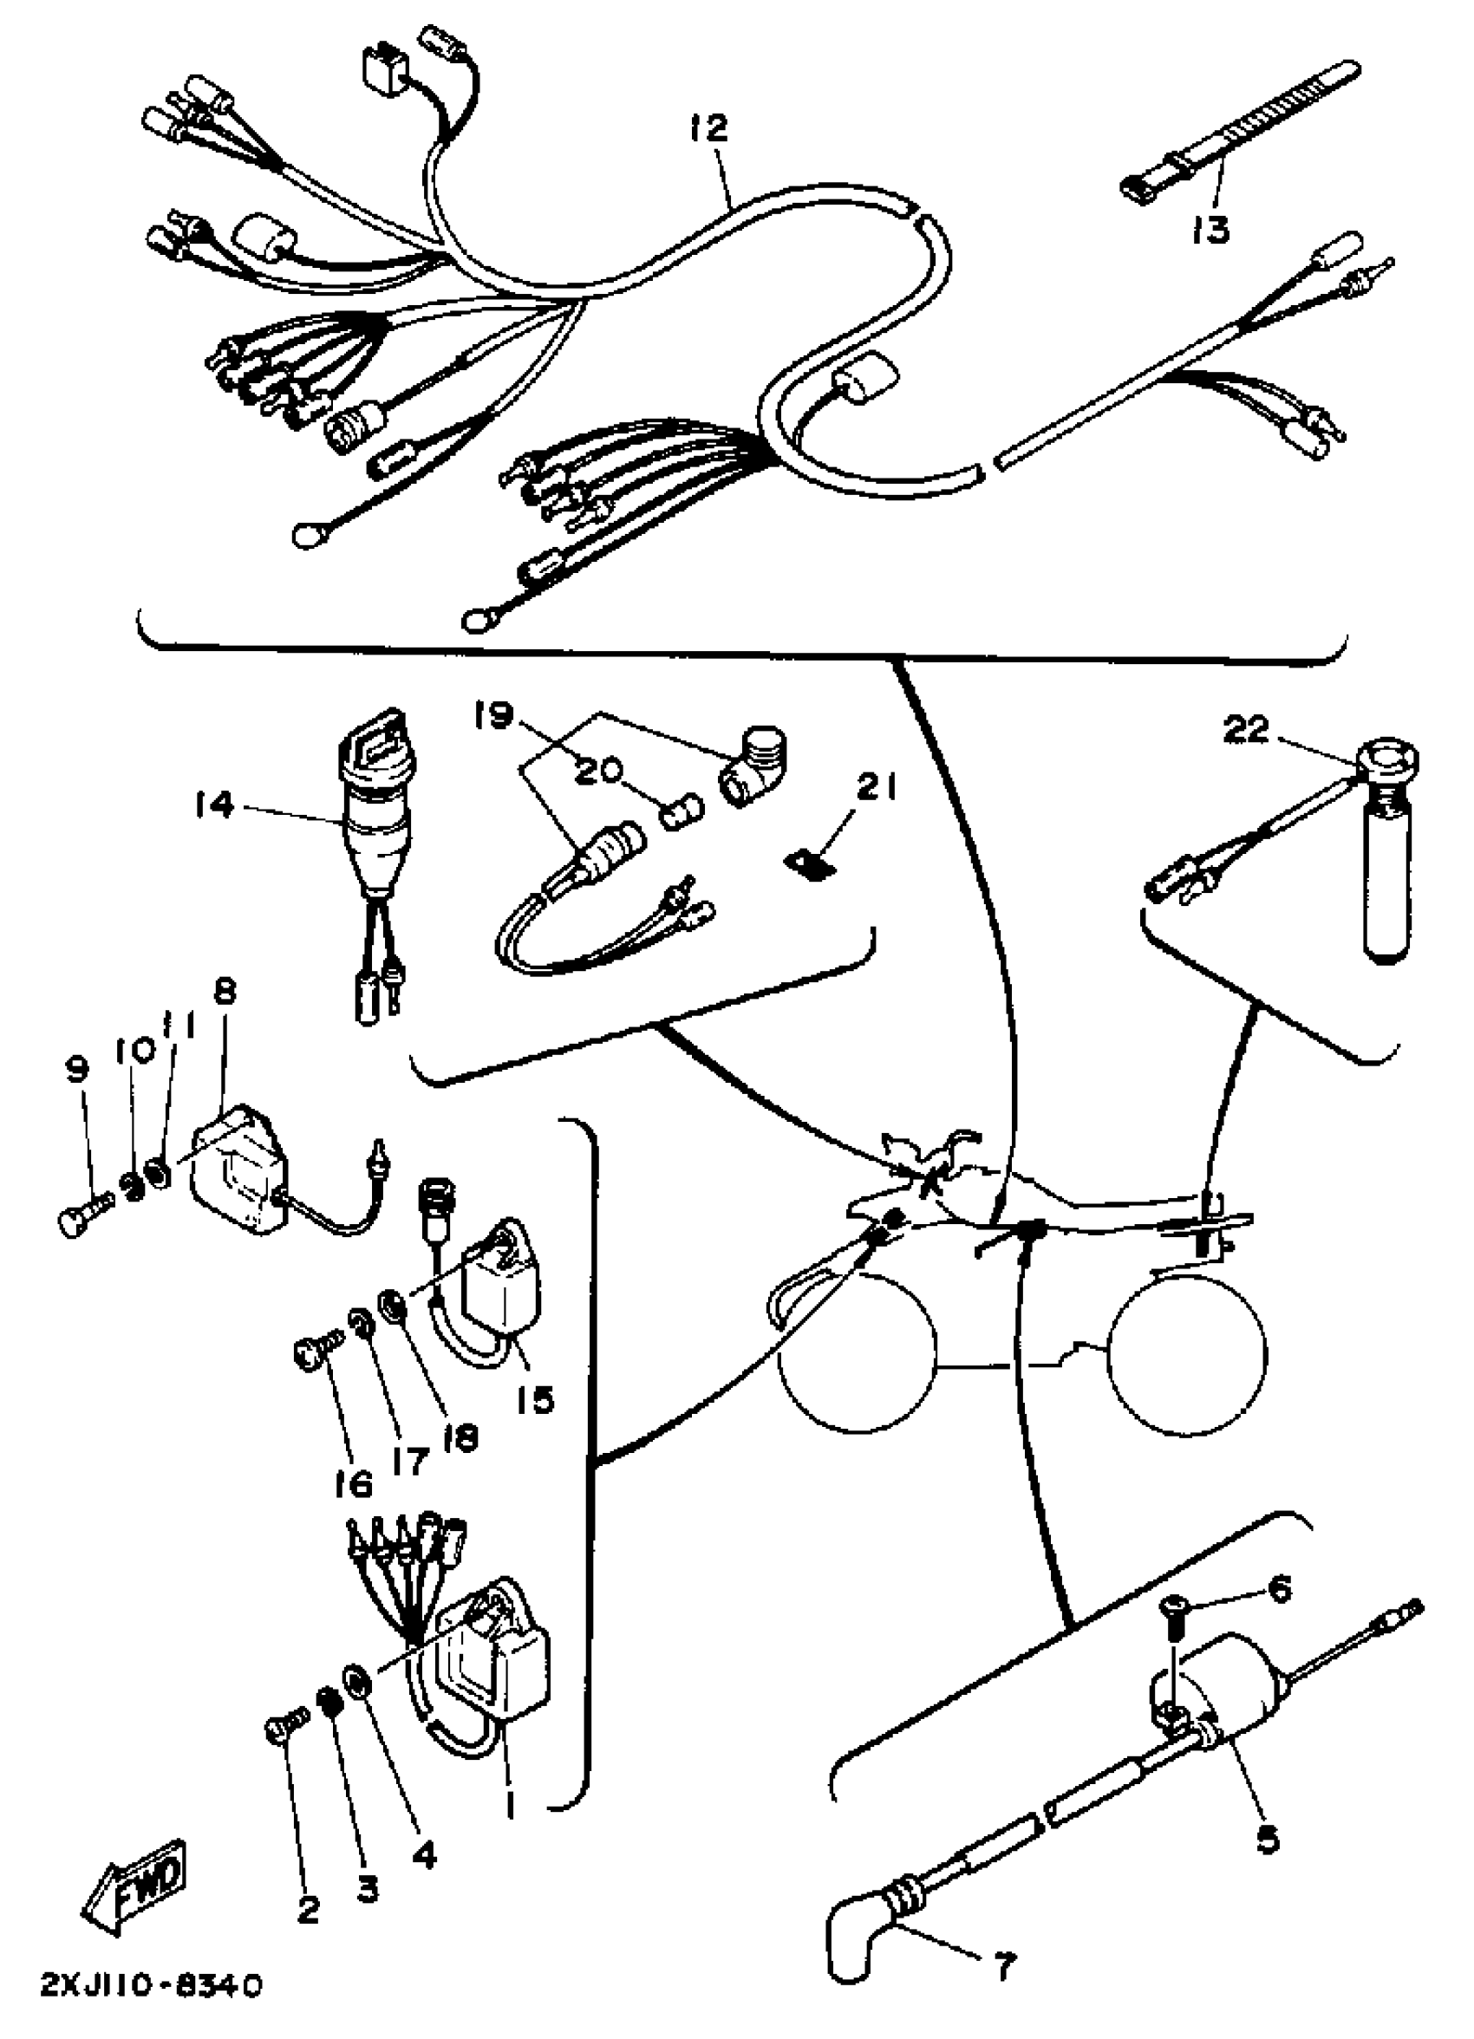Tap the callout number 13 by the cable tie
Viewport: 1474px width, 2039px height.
point(1210,229)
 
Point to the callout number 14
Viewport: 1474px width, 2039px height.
point(213,804)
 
